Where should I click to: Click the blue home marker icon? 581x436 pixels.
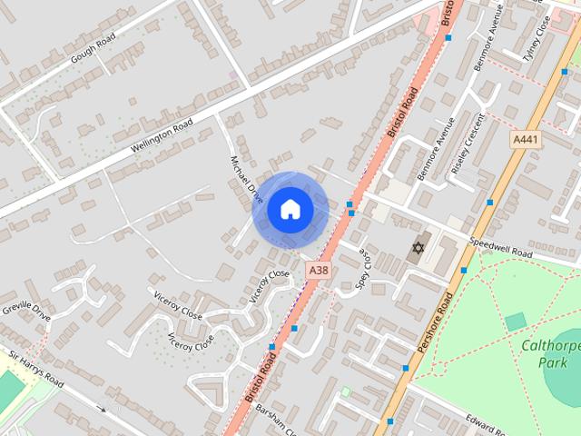(290, 210)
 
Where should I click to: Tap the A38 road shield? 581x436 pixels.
(318, 270)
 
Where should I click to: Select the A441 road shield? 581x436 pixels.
(525, 139)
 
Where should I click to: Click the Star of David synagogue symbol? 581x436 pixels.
(419, 247)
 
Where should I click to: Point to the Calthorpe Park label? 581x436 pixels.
(550, 353)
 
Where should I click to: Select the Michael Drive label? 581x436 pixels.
(247, 179)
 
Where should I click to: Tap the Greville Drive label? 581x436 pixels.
(26, 309)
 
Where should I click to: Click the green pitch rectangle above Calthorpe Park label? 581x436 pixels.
(516, 321)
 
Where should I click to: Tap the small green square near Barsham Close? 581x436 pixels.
(345, 392)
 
